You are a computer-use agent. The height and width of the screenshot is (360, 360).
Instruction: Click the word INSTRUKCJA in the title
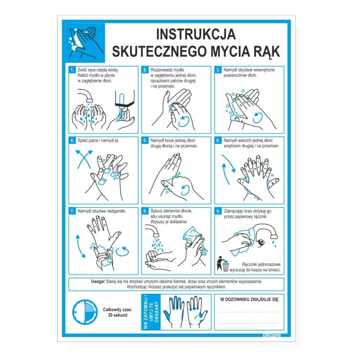click(x=196, y=34)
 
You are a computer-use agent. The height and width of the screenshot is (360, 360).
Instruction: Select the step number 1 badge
click(x=72, y=70)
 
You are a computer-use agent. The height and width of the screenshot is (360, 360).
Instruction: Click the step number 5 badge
click(x=144, y=140)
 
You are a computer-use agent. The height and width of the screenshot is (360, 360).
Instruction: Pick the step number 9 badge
click(x=218, y=211)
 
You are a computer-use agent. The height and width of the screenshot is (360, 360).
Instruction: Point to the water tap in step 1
click(x=85, y=95)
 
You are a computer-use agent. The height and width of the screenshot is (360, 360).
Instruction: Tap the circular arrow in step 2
click(x=184, y=121)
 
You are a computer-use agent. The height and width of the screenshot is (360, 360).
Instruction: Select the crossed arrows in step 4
click(x=84, y=159)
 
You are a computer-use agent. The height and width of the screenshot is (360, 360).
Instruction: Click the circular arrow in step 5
click(x=184, y=190)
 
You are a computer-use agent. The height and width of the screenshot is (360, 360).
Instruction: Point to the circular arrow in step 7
click(x=122, y=252)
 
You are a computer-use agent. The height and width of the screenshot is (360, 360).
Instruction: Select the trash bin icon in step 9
click(x=223, y=264)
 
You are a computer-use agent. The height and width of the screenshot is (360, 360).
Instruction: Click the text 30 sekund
click(x=117, y=315)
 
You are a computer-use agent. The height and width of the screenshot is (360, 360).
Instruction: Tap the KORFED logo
click(x=272, y=335)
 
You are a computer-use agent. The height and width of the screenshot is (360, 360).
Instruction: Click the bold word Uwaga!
click(x=98, y=282)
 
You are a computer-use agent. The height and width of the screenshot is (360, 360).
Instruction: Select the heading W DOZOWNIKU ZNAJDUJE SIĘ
click(x=249, y=299)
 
